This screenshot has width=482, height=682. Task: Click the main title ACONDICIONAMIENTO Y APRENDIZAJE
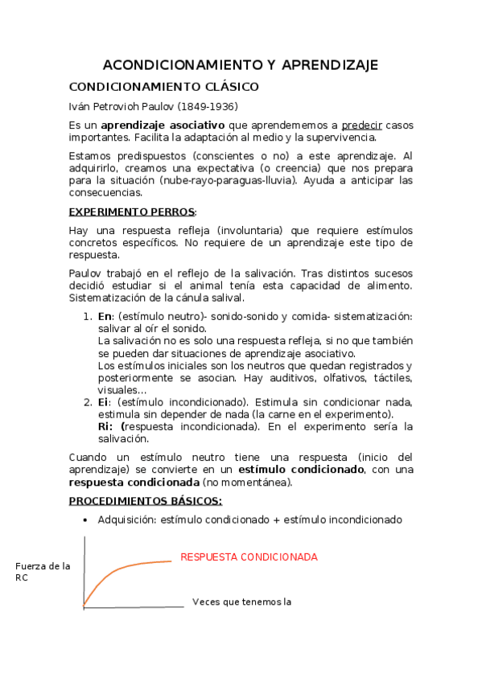241,65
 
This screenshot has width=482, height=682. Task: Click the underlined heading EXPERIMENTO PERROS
132,212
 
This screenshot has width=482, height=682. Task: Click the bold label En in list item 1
104,318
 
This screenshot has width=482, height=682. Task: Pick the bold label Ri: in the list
106,426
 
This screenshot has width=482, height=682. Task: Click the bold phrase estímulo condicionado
311,470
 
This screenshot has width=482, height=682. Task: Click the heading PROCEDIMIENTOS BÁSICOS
145,501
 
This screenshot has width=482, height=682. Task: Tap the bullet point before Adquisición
86,520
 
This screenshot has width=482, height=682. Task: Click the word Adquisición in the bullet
126,520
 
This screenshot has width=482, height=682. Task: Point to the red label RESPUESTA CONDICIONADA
249,557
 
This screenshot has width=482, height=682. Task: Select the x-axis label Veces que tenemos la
241,602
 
